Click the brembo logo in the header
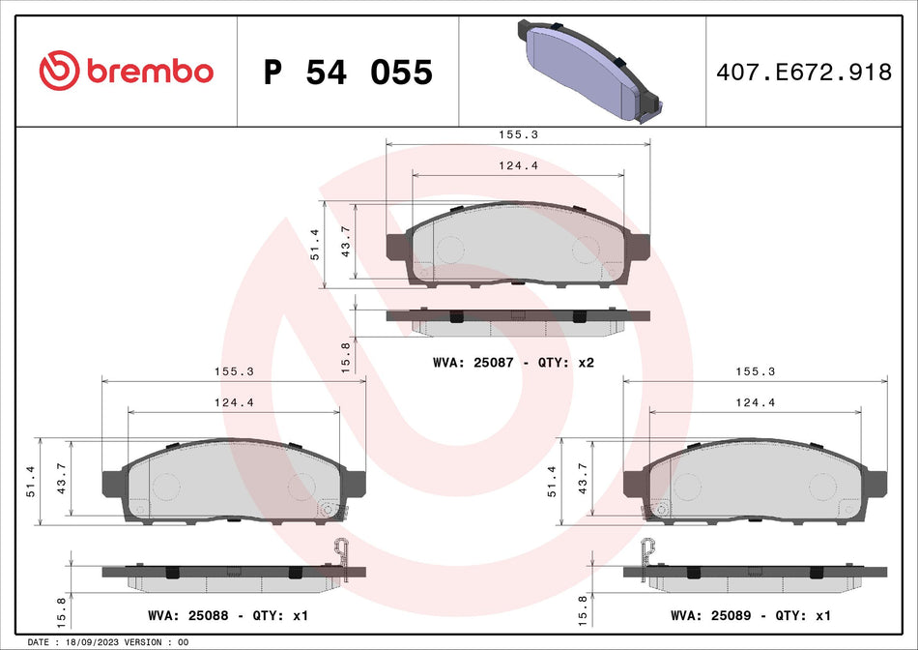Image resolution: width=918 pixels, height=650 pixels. pos(126,71)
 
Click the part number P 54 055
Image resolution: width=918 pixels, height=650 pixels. pos(348,72)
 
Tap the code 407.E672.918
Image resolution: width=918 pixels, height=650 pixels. pos(804,72)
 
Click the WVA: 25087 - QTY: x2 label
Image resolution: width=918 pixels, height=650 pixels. pos(512,363)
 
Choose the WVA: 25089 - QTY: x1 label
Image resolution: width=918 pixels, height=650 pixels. pos(750,615)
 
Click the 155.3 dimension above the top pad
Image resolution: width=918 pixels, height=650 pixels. pos(518,136)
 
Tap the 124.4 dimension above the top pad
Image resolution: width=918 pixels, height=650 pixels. pos(518,165)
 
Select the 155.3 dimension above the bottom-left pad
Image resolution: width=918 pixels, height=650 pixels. pos(234,371)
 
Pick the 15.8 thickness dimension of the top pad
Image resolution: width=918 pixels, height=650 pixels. pos(346,357)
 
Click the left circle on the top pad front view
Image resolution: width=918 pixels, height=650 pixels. pos(450,250)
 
